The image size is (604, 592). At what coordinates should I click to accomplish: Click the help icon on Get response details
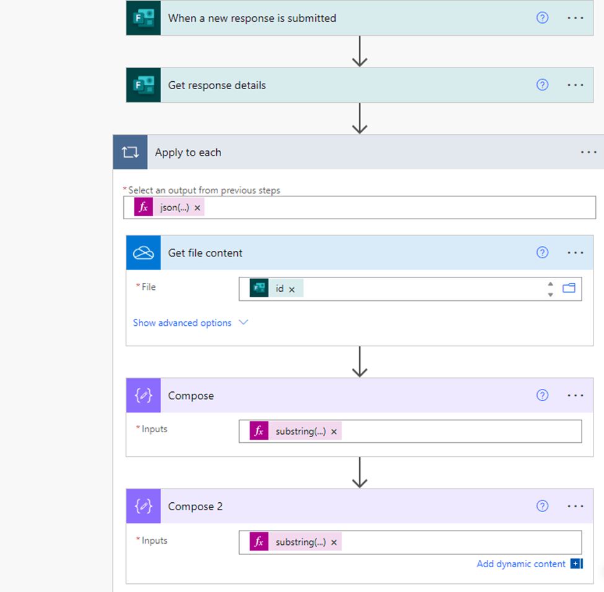pos(542,85)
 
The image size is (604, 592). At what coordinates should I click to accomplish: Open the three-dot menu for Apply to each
pos(589,152)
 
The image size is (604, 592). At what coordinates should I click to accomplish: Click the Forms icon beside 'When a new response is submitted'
pos(143,18)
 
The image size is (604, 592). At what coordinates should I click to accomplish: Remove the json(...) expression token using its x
pos(197,207)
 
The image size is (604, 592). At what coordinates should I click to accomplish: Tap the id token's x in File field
pos(292,289)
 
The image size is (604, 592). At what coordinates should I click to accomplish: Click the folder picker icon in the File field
pos(569,288)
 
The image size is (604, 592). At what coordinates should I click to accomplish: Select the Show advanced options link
pos(182,323)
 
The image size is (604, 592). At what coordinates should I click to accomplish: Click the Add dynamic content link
pos(521,564)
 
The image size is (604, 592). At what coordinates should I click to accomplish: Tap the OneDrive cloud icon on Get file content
pos(143,253)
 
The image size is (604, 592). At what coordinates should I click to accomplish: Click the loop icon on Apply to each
pos(130,152)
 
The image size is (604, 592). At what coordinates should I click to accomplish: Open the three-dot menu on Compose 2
pos(576,506)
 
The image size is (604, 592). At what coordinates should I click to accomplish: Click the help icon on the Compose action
pos(542,395)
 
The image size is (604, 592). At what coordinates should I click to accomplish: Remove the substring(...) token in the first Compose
pos(334,432)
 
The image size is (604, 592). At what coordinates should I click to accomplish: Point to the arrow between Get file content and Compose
pos(359,361)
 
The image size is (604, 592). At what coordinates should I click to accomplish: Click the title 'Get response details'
pos(217,85)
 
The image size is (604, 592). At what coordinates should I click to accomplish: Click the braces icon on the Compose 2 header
pos(143,506)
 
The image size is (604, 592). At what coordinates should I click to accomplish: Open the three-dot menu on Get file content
pos(576,253)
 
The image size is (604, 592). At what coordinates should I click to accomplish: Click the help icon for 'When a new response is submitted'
pos(542,18)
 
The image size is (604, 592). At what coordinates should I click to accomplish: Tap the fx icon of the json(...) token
pos(143,207)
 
